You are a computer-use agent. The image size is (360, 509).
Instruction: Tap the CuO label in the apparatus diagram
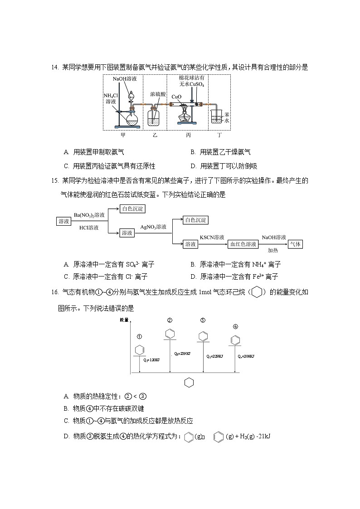(x=176, y=97)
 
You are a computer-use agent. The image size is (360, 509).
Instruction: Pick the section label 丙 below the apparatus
(x=188, y=135)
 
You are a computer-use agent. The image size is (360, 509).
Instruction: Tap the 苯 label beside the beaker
(x=227, y=115)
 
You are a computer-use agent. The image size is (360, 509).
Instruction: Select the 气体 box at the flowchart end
(x=296, y=244)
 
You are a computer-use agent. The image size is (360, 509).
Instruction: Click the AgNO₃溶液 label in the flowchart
(x=153, y=227)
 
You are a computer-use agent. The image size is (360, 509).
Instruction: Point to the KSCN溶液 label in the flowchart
(x=212, y=238)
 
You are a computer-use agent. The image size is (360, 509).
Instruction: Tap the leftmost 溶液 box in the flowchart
(x=63, y=221)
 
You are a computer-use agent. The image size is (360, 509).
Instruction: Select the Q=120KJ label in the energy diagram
(x=151, y=360)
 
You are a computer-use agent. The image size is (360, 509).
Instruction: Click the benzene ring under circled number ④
(x=235, y=339)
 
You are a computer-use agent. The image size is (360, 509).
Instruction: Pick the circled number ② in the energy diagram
(x=170, y=320)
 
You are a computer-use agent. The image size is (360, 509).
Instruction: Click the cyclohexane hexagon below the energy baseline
(x=189, y=383)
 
